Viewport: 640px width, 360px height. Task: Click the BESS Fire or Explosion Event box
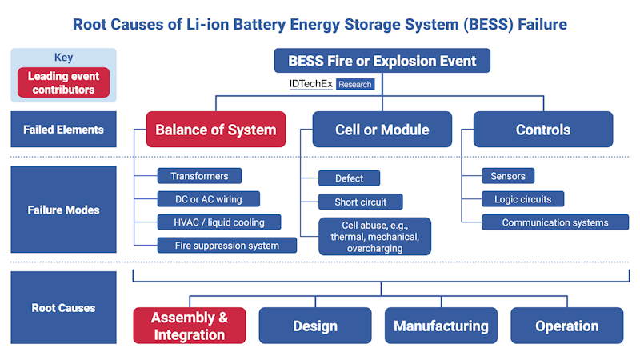tap(382, 61)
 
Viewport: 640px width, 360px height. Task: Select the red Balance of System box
tap(215, 130)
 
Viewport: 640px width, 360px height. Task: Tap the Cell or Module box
tap(382, 130)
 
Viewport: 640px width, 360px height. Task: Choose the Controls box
tap(542, 130)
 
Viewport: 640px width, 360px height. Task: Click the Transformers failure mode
tap(199, 176)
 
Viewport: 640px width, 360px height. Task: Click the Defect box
tap(349, 178)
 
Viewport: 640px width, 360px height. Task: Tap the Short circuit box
tap(360, 202)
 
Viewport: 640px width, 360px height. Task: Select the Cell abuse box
tap(374, 237)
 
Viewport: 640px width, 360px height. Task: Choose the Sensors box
tap(507, 176)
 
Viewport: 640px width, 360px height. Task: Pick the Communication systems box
tap(554, 222)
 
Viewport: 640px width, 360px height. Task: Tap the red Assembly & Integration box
tap(189, 326)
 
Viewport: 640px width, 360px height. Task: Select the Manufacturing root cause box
tap(441, 326)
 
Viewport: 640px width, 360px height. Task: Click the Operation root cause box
tap(566, 326)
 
